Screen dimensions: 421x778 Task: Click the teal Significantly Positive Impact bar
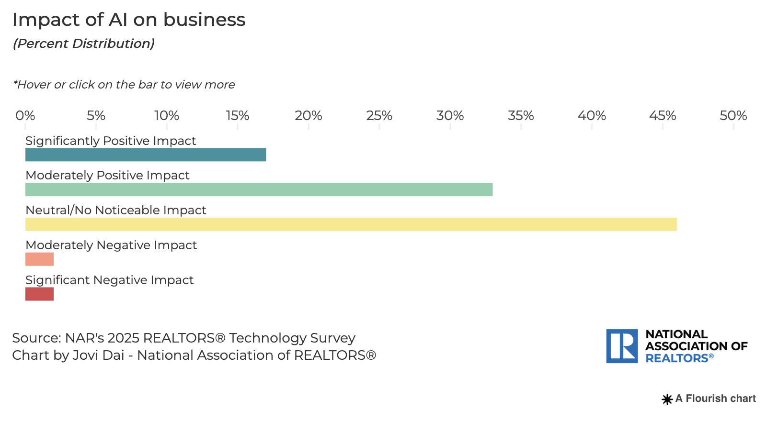[x=146, y=155]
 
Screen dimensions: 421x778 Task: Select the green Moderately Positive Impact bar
[x=259, y=189]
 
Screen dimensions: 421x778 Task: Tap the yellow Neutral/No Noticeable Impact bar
[x=351, y=224]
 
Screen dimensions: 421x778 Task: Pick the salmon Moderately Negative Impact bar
[x=39, y=259]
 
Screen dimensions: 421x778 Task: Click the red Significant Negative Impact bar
[x=39, y=294]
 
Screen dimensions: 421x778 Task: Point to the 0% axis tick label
[x=25, y=116]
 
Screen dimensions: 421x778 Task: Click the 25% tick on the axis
[x=379, y=116]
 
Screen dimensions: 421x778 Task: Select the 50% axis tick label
[x=733, y=116]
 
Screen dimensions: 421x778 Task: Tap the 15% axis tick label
[x=238, y=116]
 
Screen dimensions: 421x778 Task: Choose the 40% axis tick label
[x=592, y=116]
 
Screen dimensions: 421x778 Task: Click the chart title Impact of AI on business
[x=129, y=20]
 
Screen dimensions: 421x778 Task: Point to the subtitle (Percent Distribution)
[x=84, y=44]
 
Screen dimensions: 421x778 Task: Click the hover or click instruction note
[x=124, y=85]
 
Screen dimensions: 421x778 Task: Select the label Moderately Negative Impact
[x=111, y=245]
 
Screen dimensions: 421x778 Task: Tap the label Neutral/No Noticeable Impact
[x=116, y=210]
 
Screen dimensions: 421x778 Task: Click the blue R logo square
[x=622, y=346]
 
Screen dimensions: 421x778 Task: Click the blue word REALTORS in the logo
[x=677, y=358]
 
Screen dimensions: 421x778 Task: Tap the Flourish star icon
[x=667, y=399]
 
